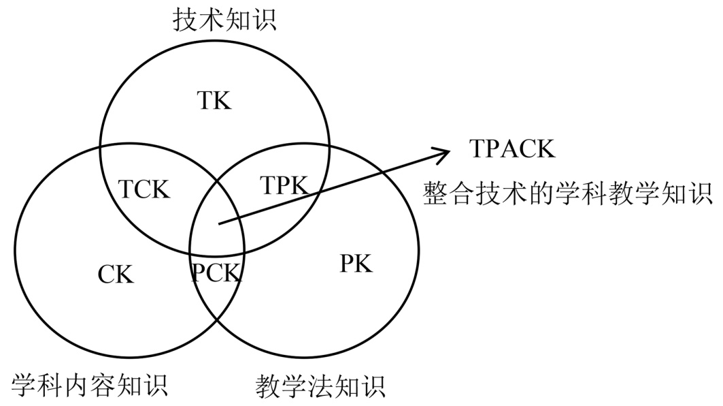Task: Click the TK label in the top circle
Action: (215, 101)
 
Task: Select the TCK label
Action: (144, 189)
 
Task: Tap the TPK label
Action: (284, 185)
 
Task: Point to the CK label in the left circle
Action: (116, 275)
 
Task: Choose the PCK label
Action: (216, 274)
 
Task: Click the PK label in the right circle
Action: (356, 264)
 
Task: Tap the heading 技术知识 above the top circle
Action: (224, 20)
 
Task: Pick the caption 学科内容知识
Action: (90, 386)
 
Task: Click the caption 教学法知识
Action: (321, 386)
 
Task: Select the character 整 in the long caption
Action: (435, 193)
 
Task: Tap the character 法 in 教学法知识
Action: (321, 386)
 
